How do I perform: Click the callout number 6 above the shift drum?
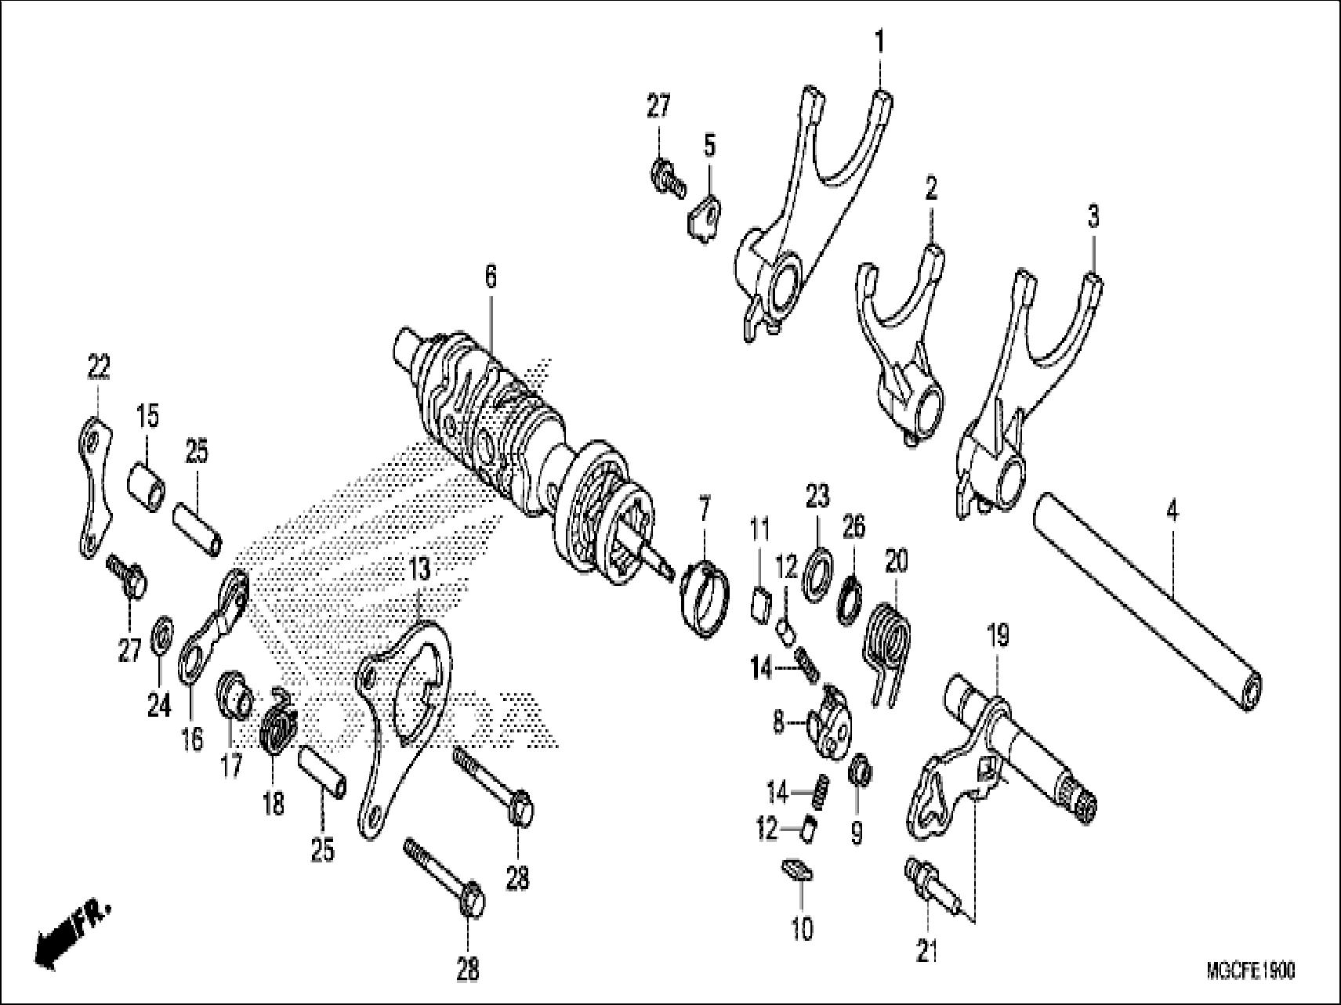click(x=490, y=277)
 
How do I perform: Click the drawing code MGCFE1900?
click(x=1250, y=971)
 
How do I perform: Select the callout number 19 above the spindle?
click(x=999, y=636)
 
